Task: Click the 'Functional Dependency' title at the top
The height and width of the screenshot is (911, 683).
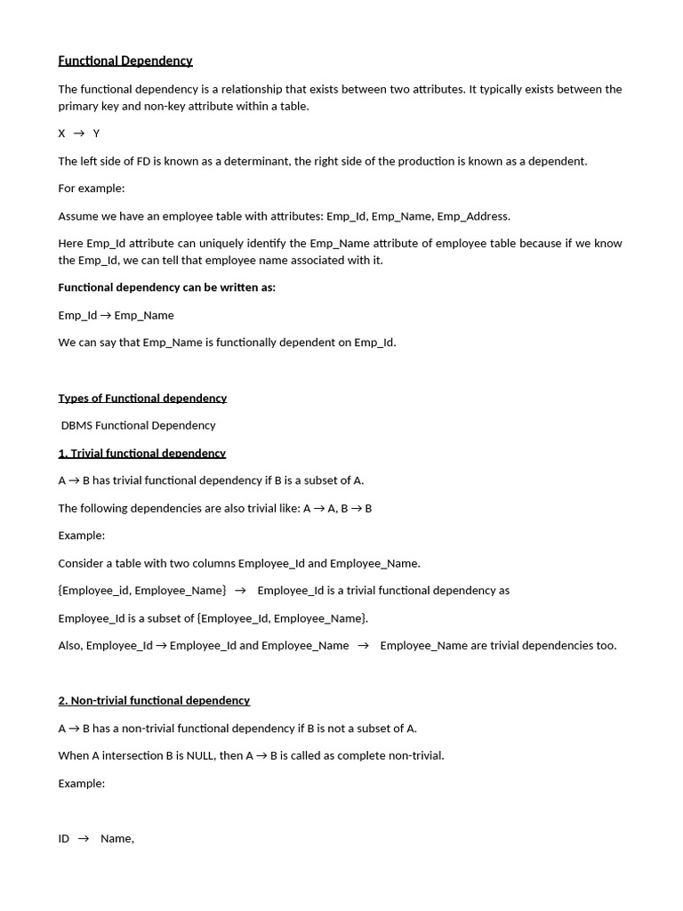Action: (125, 60)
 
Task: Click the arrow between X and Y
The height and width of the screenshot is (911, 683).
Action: (79, 133)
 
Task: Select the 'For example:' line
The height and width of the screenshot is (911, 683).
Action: (92, 189)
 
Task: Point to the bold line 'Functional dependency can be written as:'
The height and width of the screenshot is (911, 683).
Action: (167, 287)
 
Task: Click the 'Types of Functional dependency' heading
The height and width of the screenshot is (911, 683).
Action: (142, 398)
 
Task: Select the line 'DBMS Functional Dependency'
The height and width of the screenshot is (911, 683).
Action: (139, 425)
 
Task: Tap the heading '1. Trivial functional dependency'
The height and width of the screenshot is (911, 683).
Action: (142, 453)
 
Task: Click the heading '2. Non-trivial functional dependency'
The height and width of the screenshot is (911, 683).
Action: (154, 700)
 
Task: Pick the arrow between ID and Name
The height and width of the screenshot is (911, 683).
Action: (84, 838)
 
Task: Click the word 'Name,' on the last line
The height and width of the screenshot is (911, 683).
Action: (117, 839)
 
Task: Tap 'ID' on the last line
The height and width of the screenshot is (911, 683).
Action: (64, 839)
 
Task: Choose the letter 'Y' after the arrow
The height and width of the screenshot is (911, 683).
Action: (97, 133)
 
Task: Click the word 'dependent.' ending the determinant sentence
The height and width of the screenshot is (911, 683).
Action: (559, 161)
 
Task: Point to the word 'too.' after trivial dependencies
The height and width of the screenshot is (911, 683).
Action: (605, 646)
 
